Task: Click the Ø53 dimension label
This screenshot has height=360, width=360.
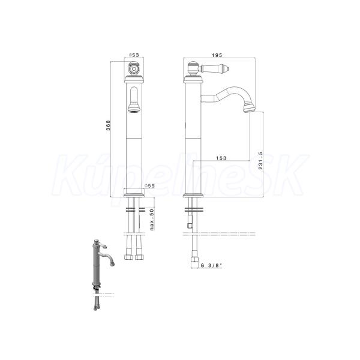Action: pyautogui.click(x=134, y=55)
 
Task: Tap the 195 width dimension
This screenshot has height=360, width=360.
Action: pyautogui.click(x=217, y=55)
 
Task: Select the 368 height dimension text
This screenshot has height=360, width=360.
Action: pyautogui.click(x=108, y=125)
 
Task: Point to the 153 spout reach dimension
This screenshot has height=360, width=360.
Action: pyautogui.click(x=221, y=158)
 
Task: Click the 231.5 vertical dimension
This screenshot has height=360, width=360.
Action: pyautogui.click(x=260, y=160)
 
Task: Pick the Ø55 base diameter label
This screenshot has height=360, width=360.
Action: pyautogui.click(x=149, y=186)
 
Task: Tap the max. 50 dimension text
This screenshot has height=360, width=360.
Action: pyautogui.click(x=152, y=219)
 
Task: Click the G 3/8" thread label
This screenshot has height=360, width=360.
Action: pyautogui.click(x=211, y=265)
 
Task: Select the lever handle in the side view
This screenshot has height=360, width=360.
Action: pyautogui.click(x=215, y=68)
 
